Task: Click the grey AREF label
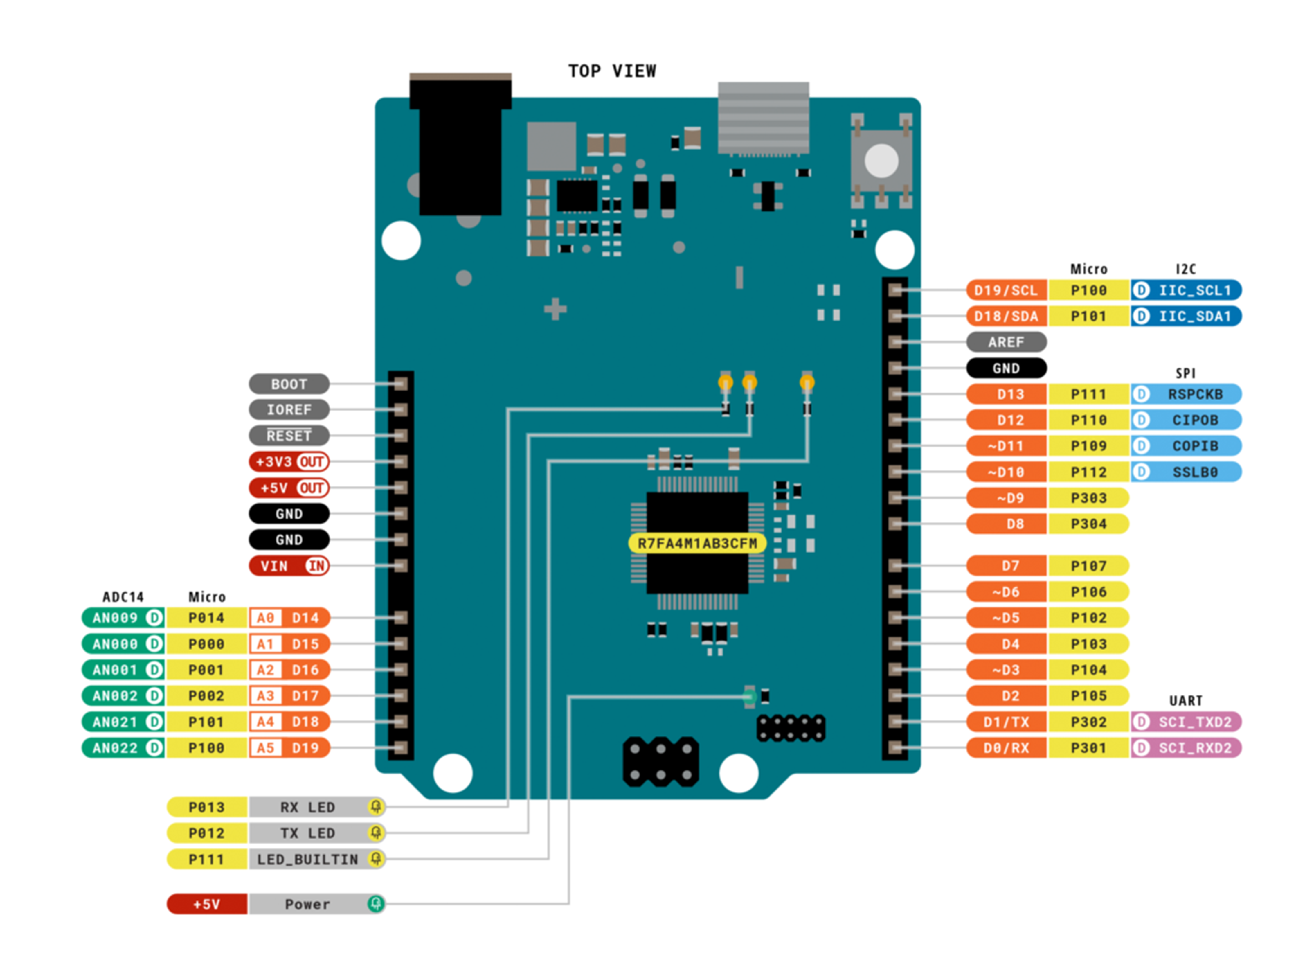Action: click(x=1006, y=342)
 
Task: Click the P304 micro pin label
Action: click(x=1089, y=524)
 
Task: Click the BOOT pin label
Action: click(x=289, y=384)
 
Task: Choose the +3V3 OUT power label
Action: click(x=289, y=462)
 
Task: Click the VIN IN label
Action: click(x=289, y=566)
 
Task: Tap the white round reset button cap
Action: click(x=881, y=160)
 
